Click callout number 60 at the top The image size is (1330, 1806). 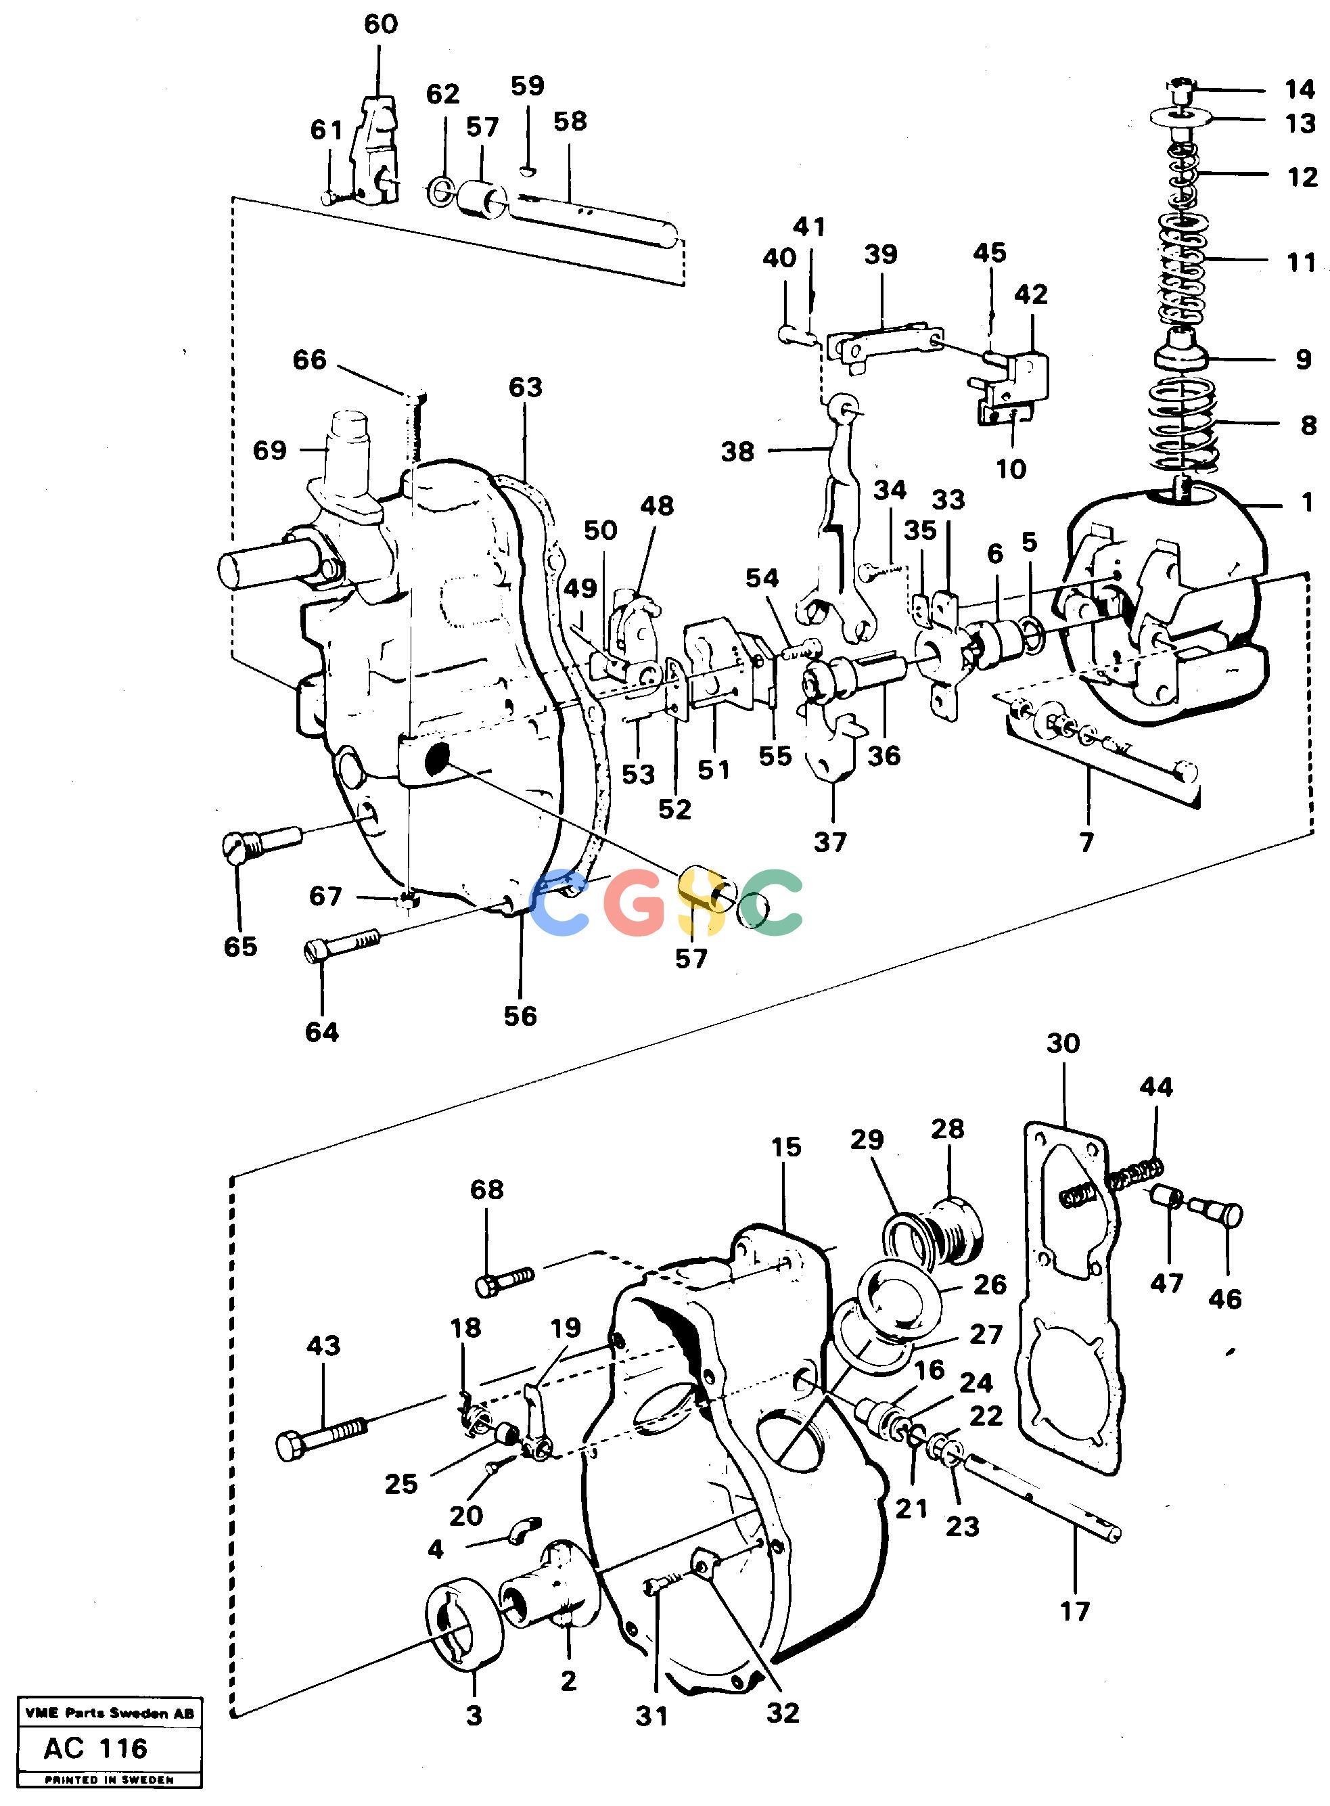coord(381,24)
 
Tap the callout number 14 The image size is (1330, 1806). coord(1300,89)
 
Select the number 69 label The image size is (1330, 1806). coord(270,450)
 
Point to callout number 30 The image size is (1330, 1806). coord(1063,1043)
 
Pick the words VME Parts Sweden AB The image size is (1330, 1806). coord(110,1713)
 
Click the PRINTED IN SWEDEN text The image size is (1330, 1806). coord(110,1780)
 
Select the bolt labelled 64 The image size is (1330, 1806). coord(342,945)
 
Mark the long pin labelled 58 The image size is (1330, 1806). coord(597,221)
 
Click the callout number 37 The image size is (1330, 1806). coord(830,842)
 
